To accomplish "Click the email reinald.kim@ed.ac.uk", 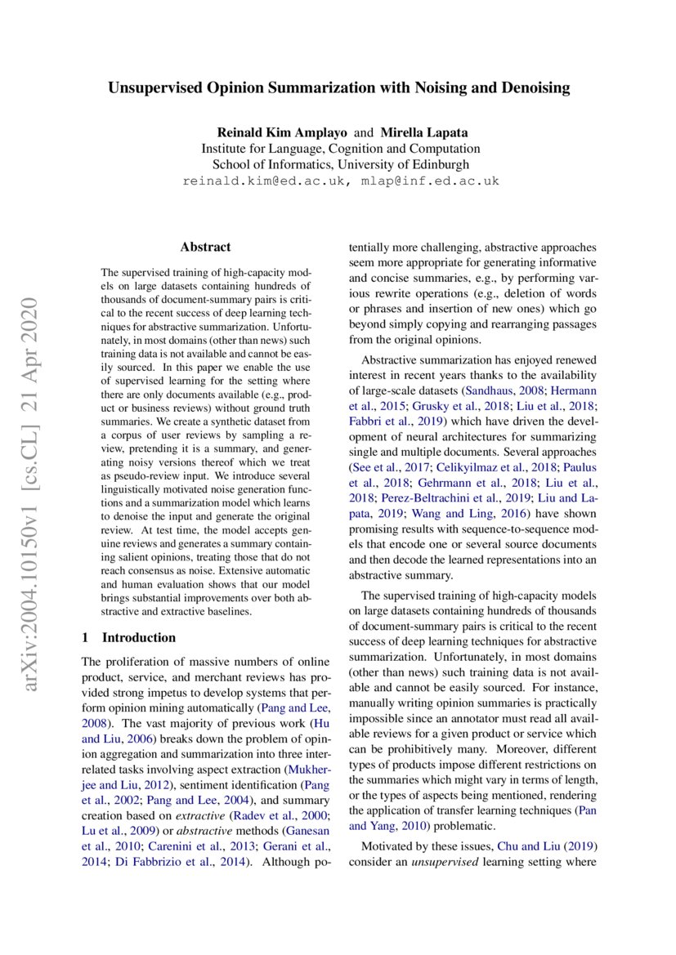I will [x=260, y=181].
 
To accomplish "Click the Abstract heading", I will [x=205, y=247].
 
